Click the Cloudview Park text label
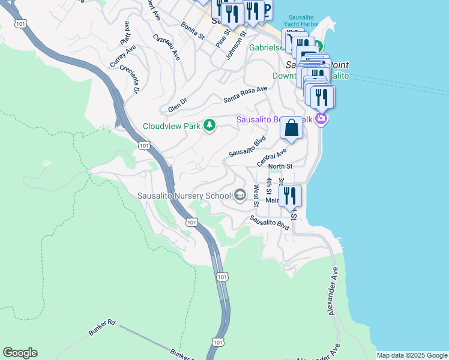tap(171, 126)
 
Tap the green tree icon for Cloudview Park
tap(209, 125)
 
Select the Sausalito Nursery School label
tap(184, 196)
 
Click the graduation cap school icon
tap(240, 195)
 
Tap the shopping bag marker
tap(291, 128)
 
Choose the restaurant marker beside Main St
tap(289, 196)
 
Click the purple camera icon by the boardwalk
tap(322, 119)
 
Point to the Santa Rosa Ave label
tap(245, 94)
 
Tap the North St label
tap(280, 166)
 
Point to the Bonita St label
tap(193, 31)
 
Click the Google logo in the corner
tap(20, 353)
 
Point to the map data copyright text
tap(411, 355)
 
